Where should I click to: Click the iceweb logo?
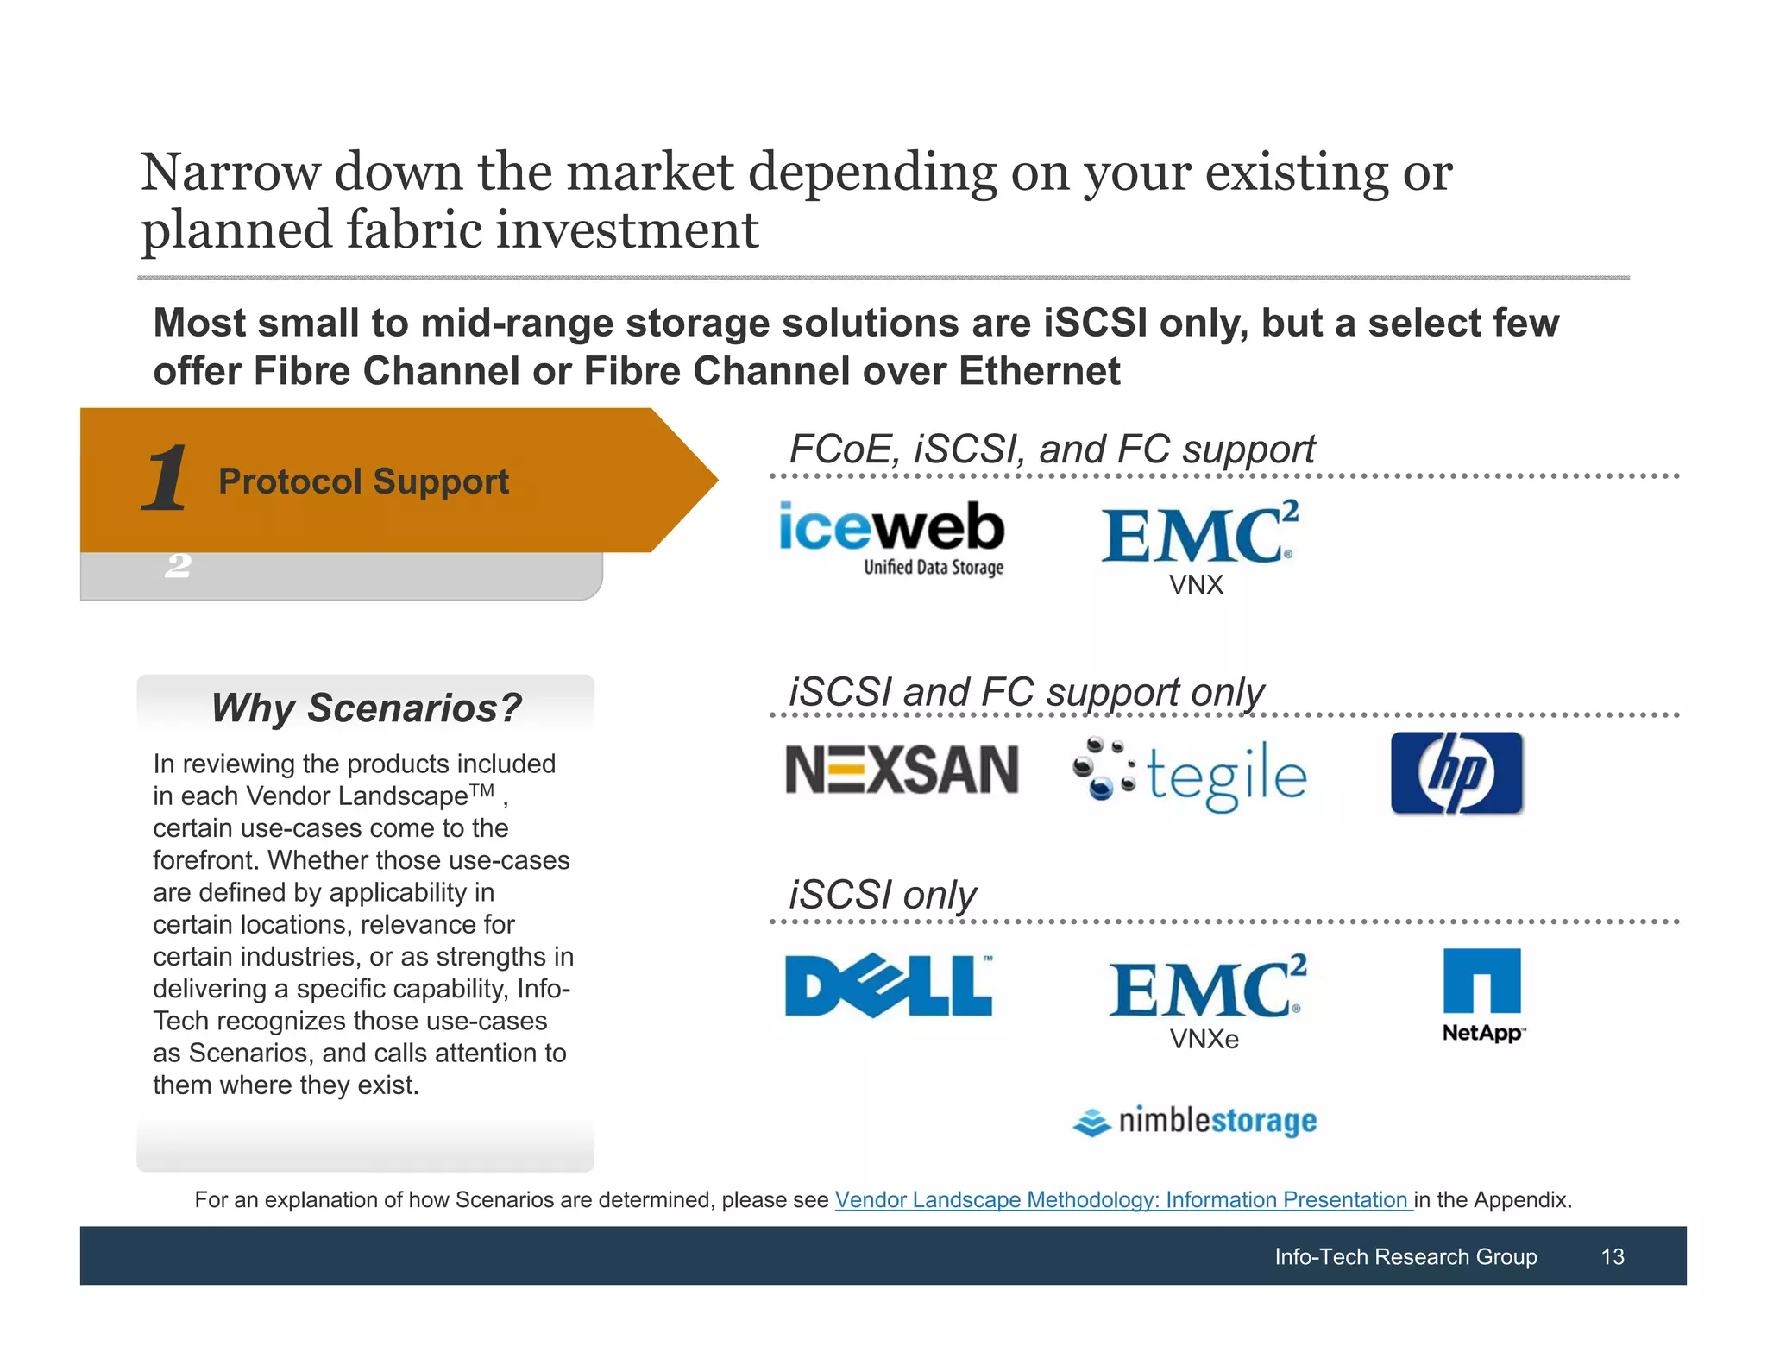(891, 537)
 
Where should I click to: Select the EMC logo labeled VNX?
(1198, 535)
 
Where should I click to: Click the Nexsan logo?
(902, 770)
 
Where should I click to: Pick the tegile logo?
(1191, 774)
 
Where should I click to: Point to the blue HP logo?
(1456, 772)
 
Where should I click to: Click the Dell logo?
(889, 985)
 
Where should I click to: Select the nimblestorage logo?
(1195, 1121)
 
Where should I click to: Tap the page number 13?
(1612, 1256)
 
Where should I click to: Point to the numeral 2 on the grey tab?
(178, 566)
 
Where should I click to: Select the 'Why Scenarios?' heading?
(366, 708)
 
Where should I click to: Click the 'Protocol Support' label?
(363, 481)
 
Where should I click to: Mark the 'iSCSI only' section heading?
(882, 895)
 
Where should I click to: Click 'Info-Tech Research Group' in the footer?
(1405, 1256)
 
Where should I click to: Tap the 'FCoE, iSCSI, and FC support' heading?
(1052, 450)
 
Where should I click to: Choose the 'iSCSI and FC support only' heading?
(1026, 692)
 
